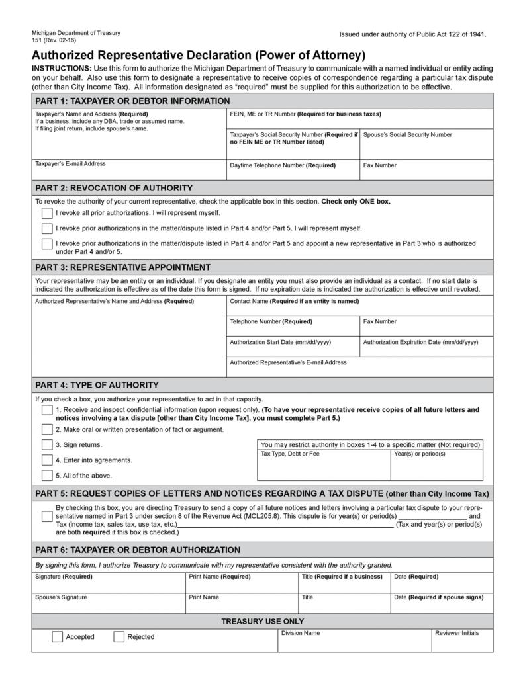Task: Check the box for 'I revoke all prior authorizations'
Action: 47,213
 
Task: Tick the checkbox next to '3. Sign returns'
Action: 47,445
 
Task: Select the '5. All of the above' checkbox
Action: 47,475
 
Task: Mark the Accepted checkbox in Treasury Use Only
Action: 58,637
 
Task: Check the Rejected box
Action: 119,637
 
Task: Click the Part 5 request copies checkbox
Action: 47,516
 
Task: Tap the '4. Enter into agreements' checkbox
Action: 47,460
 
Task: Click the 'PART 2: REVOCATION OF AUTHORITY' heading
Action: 114,188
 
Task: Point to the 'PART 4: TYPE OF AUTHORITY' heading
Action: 97,385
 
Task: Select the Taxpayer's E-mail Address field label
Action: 70,163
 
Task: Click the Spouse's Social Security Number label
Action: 408,134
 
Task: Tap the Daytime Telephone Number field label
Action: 283,165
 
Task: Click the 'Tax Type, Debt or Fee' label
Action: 290,454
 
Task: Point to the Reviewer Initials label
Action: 456,633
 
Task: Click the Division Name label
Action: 301,633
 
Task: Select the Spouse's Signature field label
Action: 61,597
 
